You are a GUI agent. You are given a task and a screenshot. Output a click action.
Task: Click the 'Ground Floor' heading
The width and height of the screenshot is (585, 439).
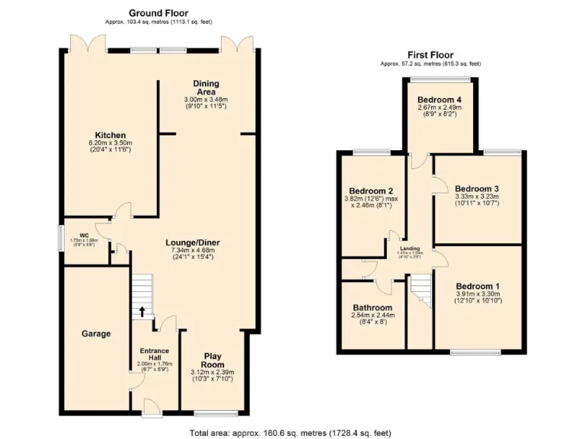coord(158,13)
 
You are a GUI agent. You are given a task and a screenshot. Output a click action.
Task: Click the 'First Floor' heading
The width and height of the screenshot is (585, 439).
coord(430,55)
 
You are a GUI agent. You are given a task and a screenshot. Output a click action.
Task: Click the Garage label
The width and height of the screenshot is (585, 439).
coord(97,334)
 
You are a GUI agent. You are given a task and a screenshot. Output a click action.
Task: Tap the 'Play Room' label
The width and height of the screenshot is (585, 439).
coord(213,360)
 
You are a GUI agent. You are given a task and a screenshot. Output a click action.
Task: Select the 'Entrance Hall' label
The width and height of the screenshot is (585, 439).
coord(155,355)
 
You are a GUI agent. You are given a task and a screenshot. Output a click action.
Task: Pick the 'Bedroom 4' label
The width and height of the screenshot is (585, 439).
coord(440,100)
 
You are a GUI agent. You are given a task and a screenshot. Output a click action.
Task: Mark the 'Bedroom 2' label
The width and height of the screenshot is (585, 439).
coord(370,191)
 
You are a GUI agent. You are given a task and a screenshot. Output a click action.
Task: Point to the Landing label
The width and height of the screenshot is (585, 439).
coord(411,247)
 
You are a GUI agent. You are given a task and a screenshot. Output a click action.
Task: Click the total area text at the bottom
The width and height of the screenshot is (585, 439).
coord(292,432)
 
